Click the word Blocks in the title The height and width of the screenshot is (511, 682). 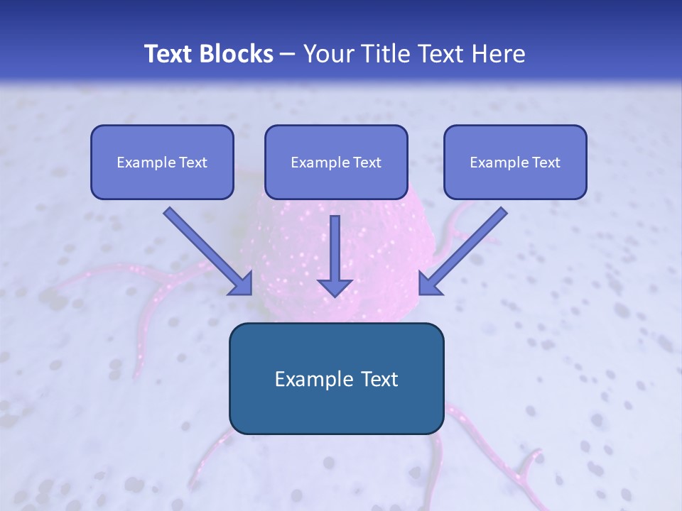pos(239,54)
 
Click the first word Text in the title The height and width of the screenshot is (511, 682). pos(171,54)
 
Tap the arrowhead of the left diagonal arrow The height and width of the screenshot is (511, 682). pos(242,284)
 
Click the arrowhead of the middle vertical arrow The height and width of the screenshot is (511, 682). pos(335,287)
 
